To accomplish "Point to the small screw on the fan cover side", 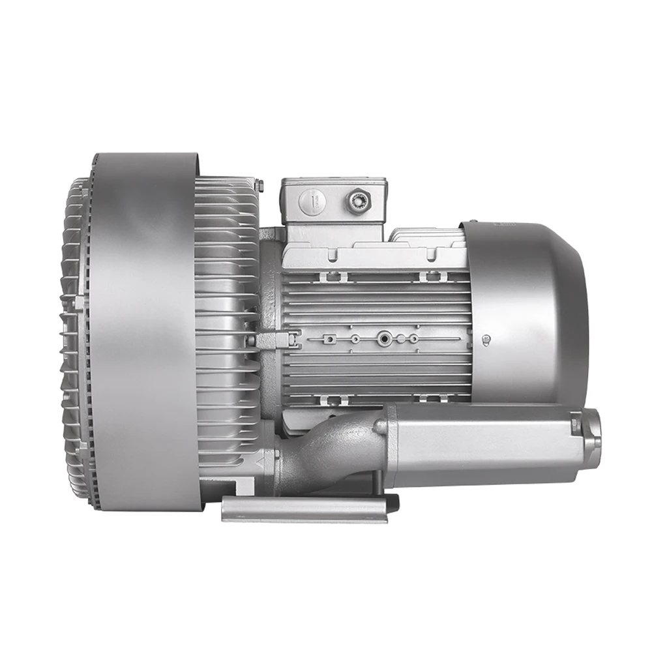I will tap(486, 338).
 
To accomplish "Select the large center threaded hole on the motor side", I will tap(383, 338).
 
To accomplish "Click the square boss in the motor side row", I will tap(331, 338).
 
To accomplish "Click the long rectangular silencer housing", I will tap(482, 443).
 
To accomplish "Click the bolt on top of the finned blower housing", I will tap(259, 186).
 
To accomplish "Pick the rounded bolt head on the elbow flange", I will tap(379, 426).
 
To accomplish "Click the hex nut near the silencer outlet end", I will tap(575, 424).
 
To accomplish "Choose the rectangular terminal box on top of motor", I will tap(334, 202).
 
